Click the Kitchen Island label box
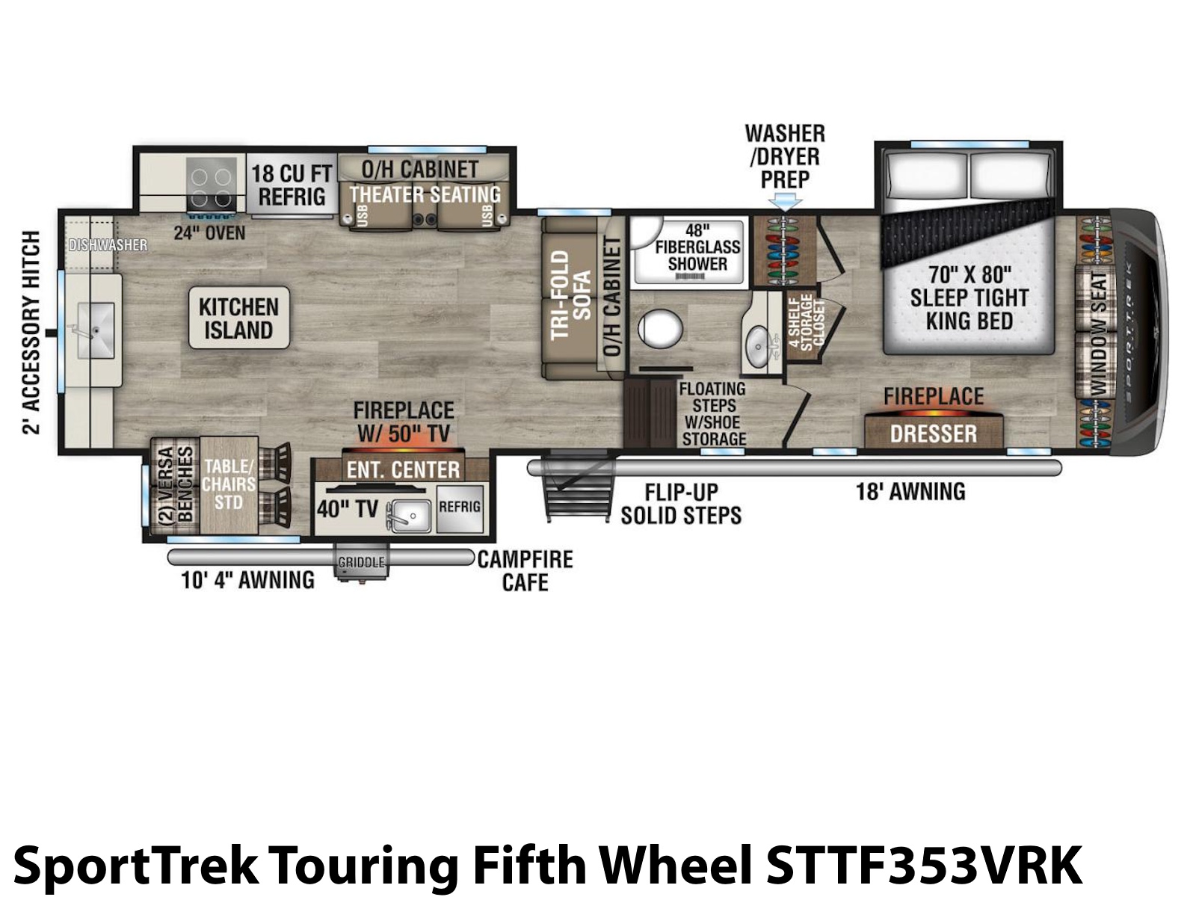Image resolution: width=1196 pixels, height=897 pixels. (x=238, y=318)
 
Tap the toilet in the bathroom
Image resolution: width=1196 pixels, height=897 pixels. (x=660, y=329)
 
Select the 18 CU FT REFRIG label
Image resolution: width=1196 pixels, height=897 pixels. (x=292, y=185)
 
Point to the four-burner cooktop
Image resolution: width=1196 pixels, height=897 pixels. (x=212, y=184)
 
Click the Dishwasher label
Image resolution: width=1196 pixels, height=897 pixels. (x=108, y=245)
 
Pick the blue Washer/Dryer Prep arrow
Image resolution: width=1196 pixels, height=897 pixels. (x=784, y=202)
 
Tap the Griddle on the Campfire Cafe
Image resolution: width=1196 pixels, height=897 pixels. (x=361, y=561)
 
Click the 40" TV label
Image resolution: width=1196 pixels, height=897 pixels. (x=348, y=509)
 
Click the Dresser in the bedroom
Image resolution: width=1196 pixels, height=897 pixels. (x=934, y=433)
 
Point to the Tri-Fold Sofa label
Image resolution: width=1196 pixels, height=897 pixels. (x=570, y=295)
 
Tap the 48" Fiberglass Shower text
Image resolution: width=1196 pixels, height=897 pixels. (x=697, y=247)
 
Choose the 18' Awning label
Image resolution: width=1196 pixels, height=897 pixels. (x=910, y=491)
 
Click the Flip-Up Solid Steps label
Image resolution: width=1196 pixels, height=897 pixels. (x=681, y=504)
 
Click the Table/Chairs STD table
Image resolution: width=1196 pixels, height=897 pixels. (x=229, y=484)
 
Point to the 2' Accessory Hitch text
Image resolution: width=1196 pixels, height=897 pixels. (x=31, y=332)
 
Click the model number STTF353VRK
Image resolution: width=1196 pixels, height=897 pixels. (x=924, y=866)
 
